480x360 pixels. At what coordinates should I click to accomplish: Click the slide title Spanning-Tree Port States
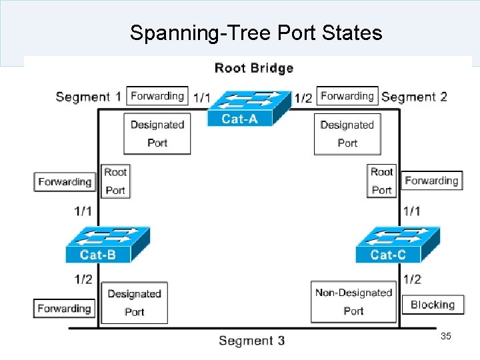[256, 33]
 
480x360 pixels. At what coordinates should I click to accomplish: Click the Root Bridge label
[253, 68]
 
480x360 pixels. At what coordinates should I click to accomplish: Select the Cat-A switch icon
[240, 108]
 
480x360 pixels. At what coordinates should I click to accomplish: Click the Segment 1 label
[89, 97]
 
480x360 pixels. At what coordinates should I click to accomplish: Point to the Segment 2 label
[414, 97]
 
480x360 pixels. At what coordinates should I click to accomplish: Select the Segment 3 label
[251, 341]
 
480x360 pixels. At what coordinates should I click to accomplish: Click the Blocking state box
[433, 305]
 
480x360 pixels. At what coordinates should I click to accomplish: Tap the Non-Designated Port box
[353, 301]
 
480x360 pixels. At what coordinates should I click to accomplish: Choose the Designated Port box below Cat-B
[135, 303]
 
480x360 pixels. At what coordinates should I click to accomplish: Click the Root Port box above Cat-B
[115, 181]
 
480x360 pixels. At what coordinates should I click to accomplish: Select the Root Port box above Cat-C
[381, 181]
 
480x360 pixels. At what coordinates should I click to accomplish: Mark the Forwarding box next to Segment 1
[157, 96]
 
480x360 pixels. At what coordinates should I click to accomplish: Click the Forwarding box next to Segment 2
[347, 96]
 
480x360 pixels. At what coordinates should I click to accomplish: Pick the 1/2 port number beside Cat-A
[303, 98]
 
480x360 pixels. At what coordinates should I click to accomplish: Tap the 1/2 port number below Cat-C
[412, 279]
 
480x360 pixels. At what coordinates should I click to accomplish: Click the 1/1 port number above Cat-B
[83, 211]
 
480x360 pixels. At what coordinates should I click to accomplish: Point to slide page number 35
[446, 337]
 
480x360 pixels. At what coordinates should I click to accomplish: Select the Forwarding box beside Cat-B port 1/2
[64, 309]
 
